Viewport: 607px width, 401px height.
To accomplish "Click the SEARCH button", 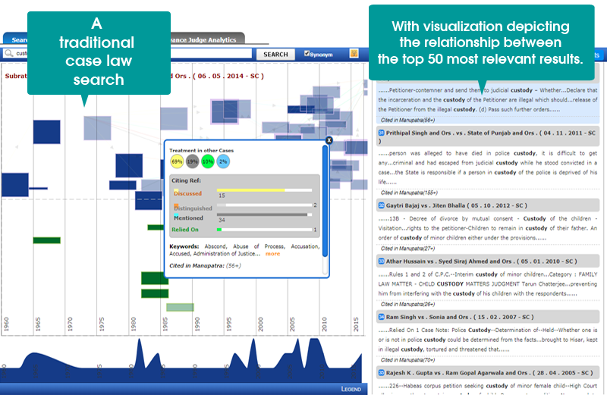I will tap(275, 55).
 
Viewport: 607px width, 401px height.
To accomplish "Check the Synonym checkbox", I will tap(307, 54).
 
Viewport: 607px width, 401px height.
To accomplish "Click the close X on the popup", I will tap(329, 140).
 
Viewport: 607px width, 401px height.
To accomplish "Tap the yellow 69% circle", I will tap(177, 161).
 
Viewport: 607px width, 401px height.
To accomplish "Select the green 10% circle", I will tap(208, 161).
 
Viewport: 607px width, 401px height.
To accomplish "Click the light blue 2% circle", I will tap(223, 161).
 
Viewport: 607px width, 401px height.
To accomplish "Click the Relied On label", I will tap(184, 230).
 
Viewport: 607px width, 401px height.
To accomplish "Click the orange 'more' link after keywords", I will tap(272, 254).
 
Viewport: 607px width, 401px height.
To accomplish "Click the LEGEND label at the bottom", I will tap(351, 388).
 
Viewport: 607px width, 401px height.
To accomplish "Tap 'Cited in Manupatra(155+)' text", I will tap(407, 193).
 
